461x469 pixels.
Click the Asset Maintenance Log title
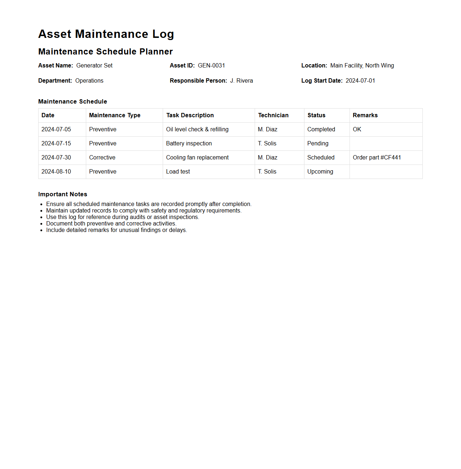coord(106,34)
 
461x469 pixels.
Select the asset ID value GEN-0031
coord(211,66)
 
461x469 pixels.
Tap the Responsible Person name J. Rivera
coord(241,81)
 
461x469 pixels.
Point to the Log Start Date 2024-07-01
coord(360,81)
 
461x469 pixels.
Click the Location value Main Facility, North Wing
coord(362,66)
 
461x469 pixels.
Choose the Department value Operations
coord(89,81)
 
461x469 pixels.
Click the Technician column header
coord(273,115)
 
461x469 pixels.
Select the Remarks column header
coord(365,115)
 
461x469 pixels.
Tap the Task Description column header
coord(190,115)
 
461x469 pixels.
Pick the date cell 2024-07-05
coord(56,130)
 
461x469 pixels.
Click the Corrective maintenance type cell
coord(102,158)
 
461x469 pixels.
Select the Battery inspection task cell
coord(189,144)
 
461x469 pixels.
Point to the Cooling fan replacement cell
coord(197,158)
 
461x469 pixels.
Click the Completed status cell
coord(321,130)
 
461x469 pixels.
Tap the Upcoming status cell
coord(320,172)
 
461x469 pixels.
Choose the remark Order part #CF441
coord(377,158)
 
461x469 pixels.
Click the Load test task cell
coord(178,172)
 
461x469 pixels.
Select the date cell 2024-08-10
coord(56,172)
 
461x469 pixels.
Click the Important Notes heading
coord(63,194)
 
